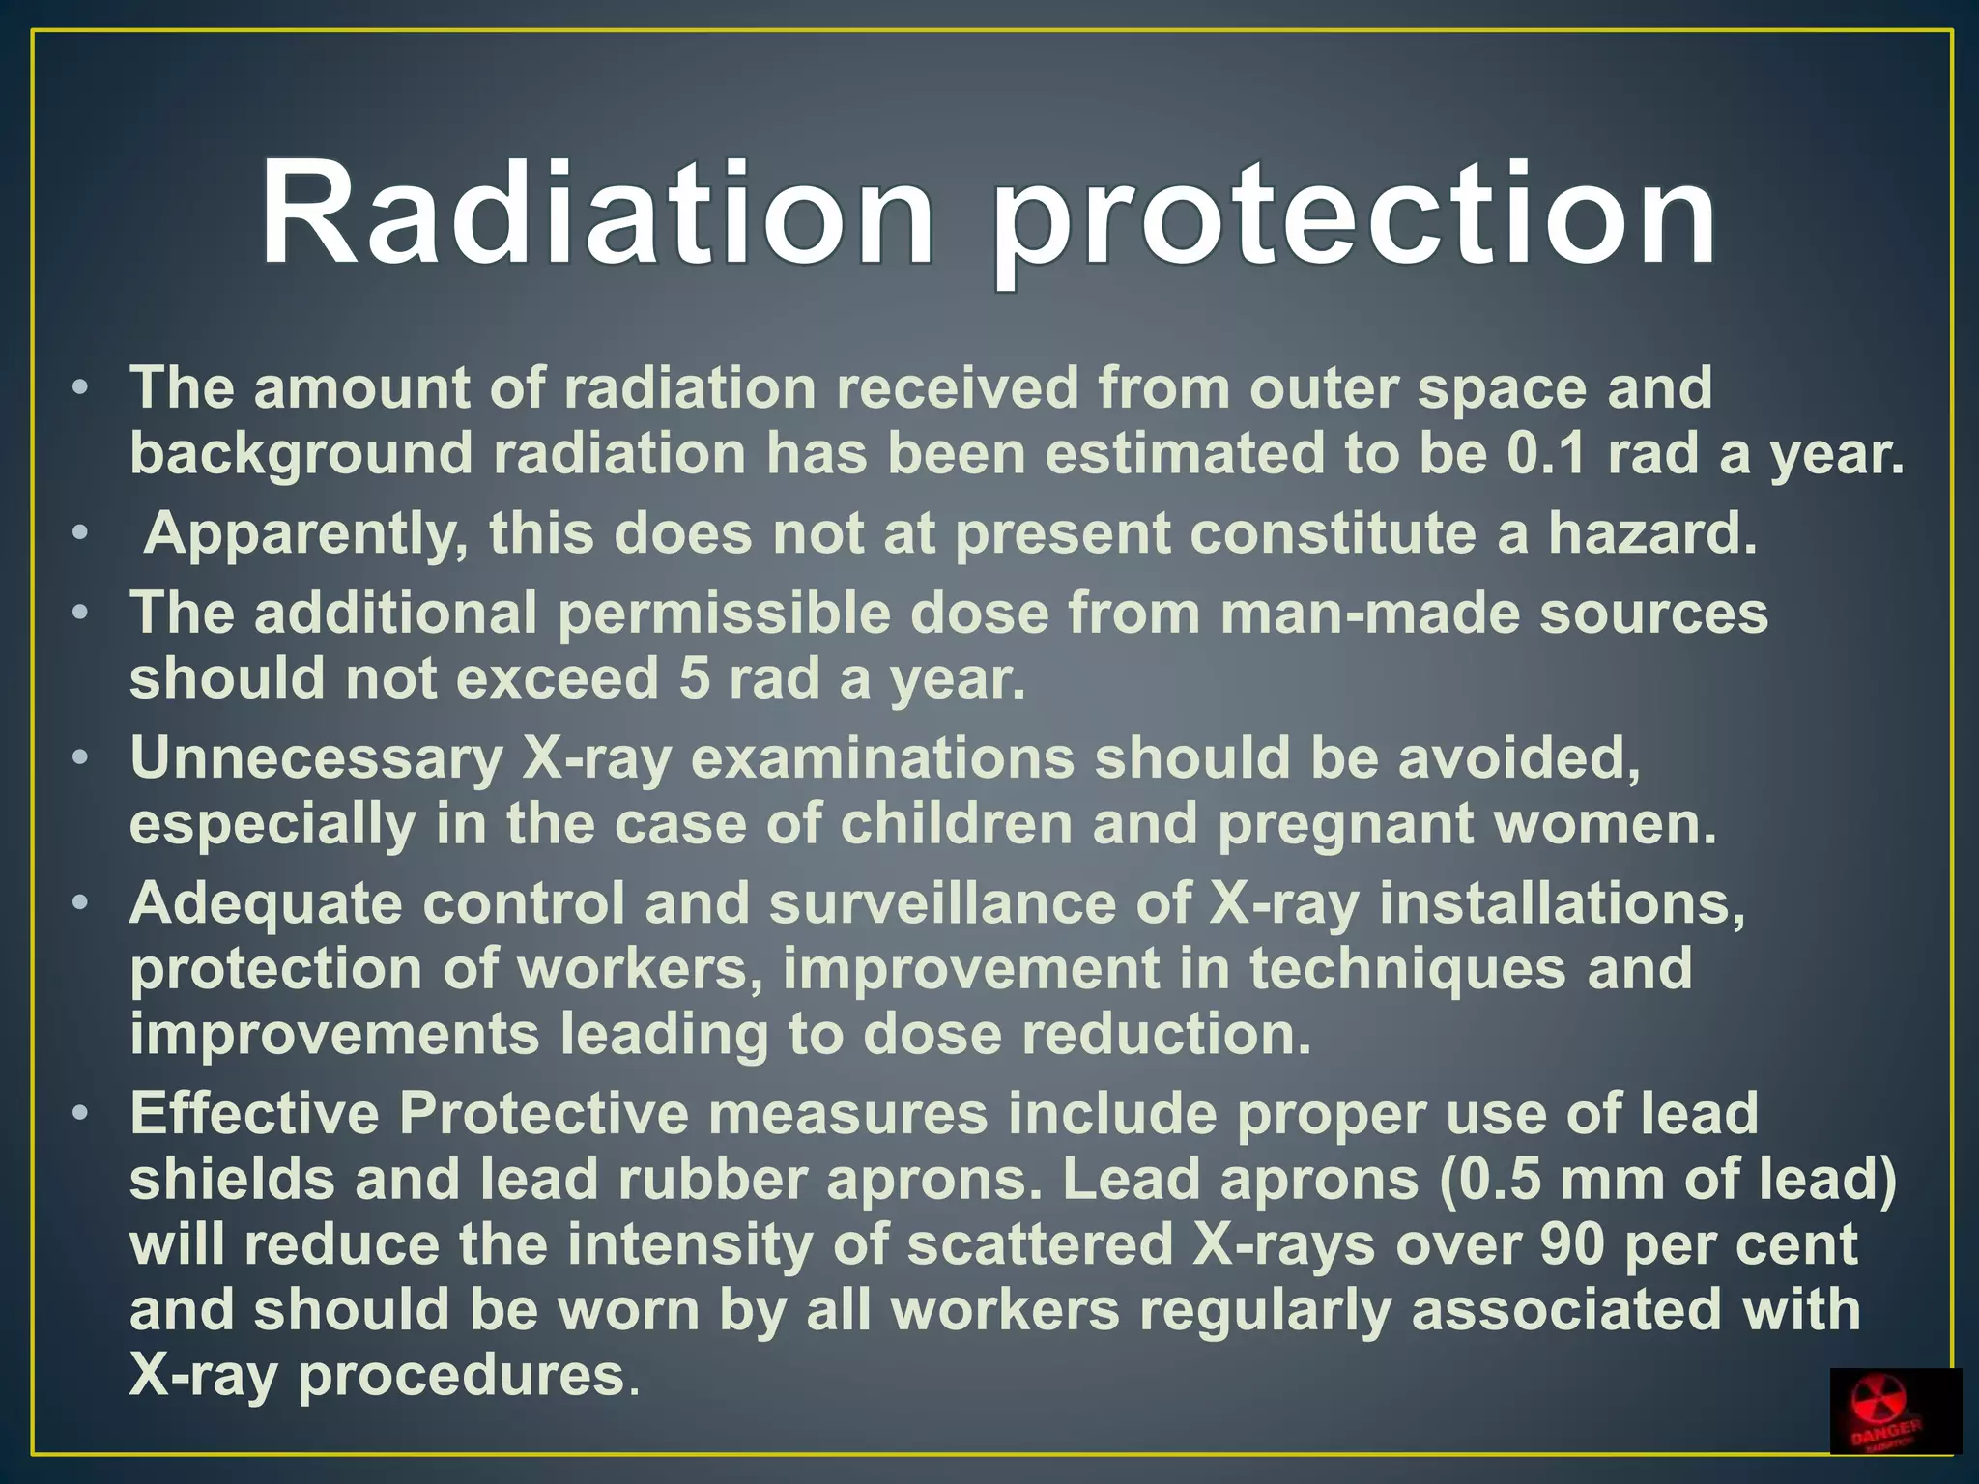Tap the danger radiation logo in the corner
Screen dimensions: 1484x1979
pos(1894,1410)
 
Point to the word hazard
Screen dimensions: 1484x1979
pos(1652,532)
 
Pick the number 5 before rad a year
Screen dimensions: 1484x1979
pos(694,679)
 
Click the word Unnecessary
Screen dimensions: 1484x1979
pos(316,759)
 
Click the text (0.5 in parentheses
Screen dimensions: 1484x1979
pos(1489,1180)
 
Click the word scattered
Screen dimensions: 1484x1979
pos(1040,1244)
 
